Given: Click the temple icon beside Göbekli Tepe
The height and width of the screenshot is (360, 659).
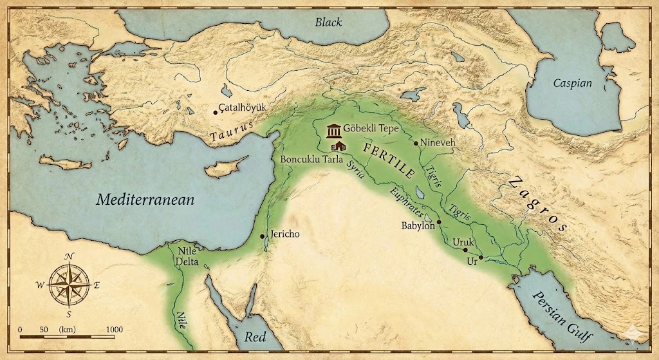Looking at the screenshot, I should pos(334,131).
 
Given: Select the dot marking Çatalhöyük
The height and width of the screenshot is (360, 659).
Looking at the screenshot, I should pos(215,112).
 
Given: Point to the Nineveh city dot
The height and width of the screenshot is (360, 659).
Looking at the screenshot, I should pos(416,143).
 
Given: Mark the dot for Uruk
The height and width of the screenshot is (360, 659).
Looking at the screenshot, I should pos(465,250).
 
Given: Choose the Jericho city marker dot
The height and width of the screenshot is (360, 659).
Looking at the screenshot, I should pos(262,236).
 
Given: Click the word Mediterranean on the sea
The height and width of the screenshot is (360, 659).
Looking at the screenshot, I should pos(145,200).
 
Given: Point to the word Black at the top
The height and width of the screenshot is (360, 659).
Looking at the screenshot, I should pos(328,23).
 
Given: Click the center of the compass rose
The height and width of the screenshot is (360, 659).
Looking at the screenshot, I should pos(68,284).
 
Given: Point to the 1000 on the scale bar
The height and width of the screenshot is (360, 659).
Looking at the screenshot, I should pos(114,329).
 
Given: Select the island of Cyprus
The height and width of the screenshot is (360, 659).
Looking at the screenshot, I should pos(225,167).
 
